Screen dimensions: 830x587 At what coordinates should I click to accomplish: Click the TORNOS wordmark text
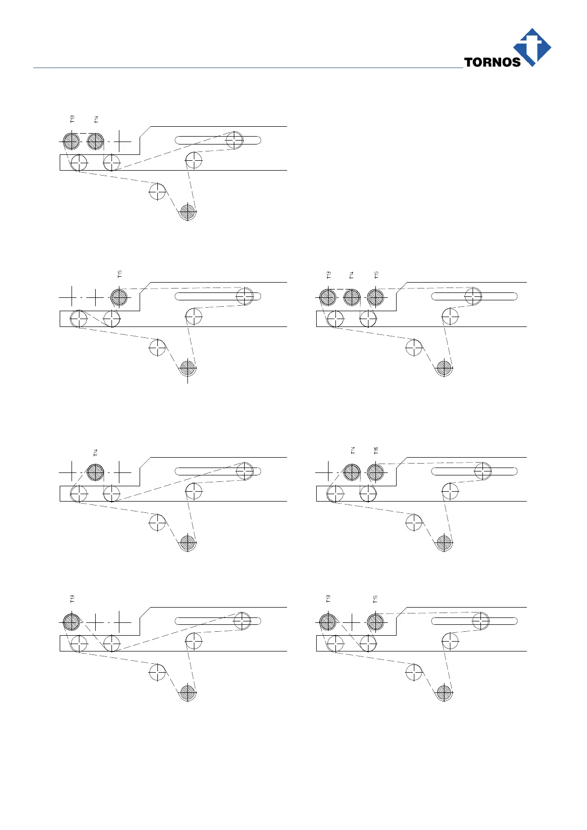point(492,62)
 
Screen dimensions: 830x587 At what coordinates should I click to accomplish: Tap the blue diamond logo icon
point(532,46)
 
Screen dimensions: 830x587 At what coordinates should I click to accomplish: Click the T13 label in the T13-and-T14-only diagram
point(73,119)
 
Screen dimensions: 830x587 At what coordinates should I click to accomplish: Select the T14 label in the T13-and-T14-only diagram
point(96,119)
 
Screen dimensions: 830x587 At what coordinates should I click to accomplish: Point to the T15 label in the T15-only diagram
point(120,274)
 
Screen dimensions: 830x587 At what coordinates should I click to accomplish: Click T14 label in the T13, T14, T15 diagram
point(352,275)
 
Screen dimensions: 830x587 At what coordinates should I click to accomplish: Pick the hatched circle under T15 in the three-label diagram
point(375,297)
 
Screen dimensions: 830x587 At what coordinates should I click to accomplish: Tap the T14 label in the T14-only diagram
point(96,452)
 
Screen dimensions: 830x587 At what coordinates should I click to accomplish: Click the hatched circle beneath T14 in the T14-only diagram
point(95,472)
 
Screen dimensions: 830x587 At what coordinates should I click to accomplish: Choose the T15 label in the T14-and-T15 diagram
point(376,450)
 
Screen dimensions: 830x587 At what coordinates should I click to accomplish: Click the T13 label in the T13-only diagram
point(73,599)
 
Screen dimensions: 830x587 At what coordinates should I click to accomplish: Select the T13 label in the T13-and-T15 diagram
point(329,599)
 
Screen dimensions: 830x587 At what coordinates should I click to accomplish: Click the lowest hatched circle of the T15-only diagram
point(187,368)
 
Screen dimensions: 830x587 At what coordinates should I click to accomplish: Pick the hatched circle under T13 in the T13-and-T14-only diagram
point(71,142)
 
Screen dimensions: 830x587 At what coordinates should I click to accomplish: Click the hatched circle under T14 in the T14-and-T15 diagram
point(352,472)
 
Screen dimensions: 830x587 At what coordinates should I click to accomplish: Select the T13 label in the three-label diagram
point(329,275)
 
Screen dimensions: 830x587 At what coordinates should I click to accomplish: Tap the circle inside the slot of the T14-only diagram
point(245,471)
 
